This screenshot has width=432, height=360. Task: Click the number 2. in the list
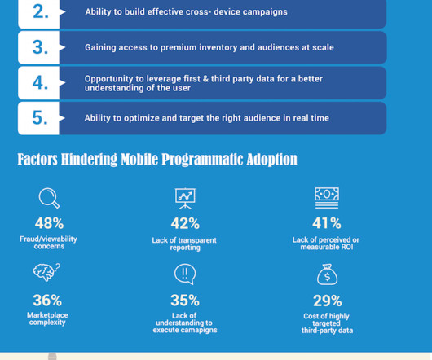[41, 12]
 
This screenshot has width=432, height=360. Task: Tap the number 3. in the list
[40, 47]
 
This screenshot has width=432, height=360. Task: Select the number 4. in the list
[40, 82]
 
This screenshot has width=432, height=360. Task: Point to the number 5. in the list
[40, 118]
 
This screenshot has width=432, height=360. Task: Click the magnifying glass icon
[49, 198]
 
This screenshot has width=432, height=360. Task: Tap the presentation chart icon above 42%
[185, 199]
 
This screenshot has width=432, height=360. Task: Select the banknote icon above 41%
[327, 198]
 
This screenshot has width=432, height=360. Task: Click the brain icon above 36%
[46, 272]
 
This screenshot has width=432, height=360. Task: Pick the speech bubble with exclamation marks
[185, 274]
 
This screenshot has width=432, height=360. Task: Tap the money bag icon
[327, 274]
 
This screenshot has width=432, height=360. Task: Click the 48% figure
[49, 223]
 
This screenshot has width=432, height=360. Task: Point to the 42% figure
[185, 223]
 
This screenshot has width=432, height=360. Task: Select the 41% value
[327, 223]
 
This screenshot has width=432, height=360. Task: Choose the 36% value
[47, 300]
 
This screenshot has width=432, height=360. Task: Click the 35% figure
[185, 301]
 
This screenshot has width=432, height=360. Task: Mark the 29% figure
[328, 301]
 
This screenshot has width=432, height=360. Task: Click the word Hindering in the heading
[89, 160]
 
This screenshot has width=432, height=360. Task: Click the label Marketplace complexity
[47, 318]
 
